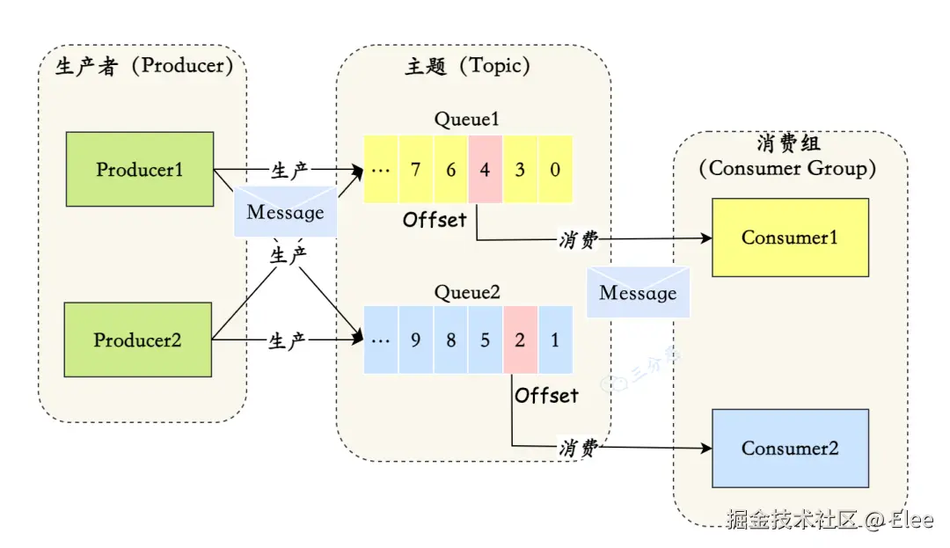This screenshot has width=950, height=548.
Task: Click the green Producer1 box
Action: click(140, 169)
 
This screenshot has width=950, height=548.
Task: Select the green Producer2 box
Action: click(138, 340)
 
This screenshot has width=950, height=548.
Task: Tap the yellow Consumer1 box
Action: click(790, 237)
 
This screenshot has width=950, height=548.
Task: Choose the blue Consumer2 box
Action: click(790, 448)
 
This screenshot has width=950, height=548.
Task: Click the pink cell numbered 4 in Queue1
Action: click(485, 170)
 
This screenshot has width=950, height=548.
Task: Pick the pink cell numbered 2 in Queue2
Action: click(520, 340)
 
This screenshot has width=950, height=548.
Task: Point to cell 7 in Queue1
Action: click(415, 170)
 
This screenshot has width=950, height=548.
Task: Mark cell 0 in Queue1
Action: click(555, 170)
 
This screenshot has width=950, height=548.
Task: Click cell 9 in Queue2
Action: click(415, 340)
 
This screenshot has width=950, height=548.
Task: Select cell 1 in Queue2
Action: click(555, 340)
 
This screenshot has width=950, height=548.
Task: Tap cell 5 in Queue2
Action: click(486, 340)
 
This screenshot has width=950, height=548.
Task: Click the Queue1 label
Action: click(467, 120)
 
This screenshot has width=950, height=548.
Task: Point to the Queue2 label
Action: click(467, 292)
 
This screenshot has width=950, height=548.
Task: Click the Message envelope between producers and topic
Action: click(285, 212)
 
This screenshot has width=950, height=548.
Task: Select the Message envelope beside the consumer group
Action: click(638, 293)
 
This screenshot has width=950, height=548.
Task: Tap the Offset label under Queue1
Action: click(435, 220)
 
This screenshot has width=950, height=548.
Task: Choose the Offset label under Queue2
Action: click(547, 396)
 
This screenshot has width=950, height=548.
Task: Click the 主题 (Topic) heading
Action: click(467, 67)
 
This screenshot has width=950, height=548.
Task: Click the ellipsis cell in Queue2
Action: click(381, 340)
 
